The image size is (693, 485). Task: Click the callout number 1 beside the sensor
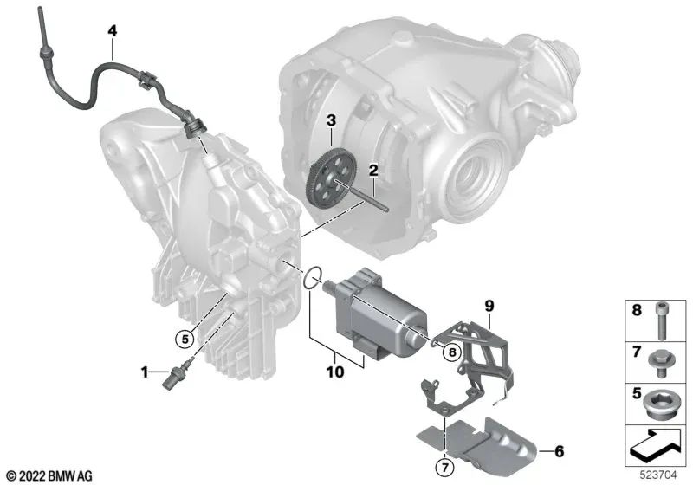click(x=146, y=372)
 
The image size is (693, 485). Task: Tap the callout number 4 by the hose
click(x=112, y=31)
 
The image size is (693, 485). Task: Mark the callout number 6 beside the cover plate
click(x=559, y=450)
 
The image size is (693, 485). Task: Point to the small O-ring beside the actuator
click(x=315, y=279)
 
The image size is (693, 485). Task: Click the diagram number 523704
click(x=663, y=475)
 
